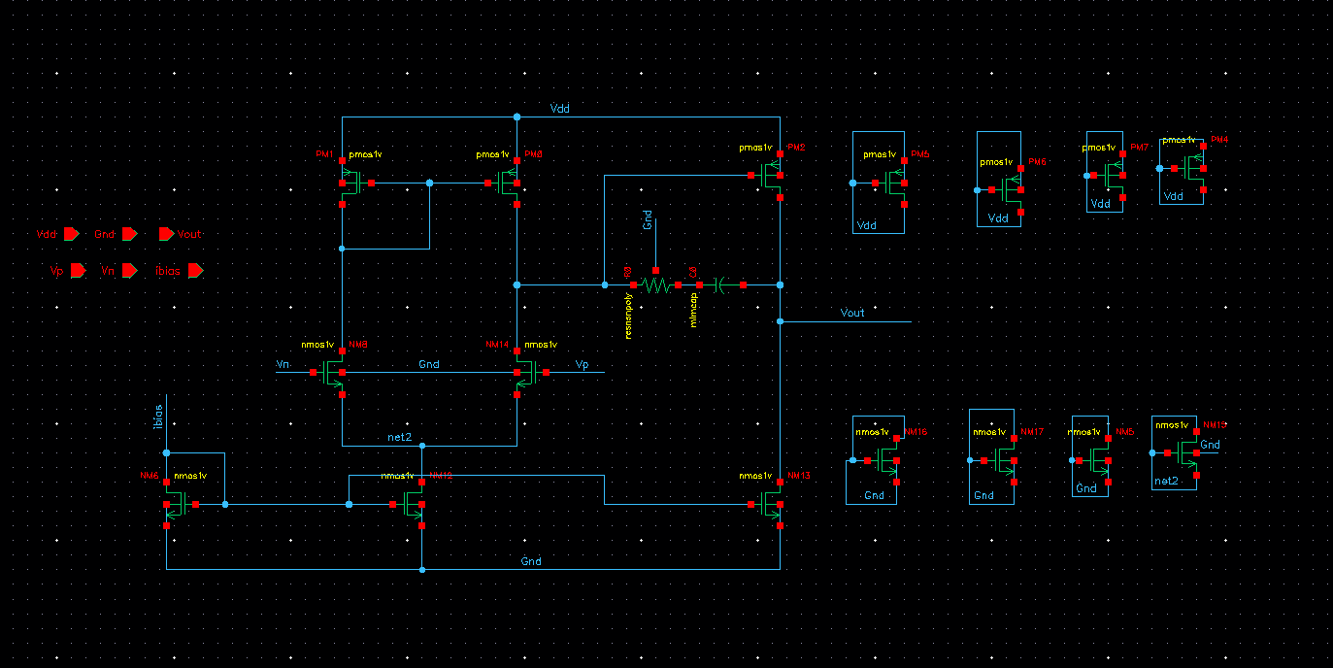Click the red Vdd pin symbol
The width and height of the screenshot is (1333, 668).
[x=71, y=234]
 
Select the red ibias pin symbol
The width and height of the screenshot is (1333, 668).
[x=195, y=271]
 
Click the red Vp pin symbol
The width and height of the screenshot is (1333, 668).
[x=78, y=271]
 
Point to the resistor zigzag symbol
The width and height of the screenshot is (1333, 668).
[x=656, y=285]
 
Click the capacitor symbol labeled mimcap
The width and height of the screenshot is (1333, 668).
[x=718, y=285]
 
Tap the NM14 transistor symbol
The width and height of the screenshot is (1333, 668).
[x=525, y=373]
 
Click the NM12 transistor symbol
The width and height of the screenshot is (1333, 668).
[x=414, y=504]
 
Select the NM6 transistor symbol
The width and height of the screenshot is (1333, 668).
[x=176, y=504]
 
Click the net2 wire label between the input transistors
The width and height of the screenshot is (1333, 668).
[x=400, y=437]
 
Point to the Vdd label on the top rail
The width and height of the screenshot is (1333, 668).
[x=559, y=109]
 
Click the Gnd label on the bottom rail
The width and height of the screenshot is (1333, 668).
[x=531, y=561]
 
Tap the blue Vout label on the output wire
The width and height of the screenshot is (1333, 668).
[x=851, y=313]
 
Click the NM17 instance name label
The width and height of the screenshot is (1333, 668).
[x=1032, y=431]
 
